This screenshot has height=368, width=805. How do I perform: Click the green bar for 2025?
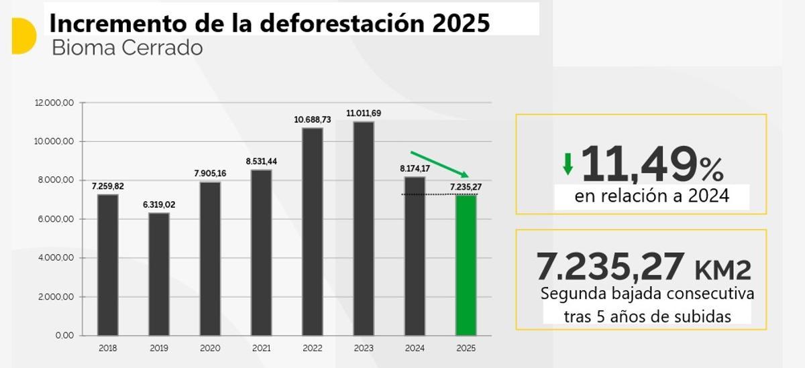[x=466, y=265]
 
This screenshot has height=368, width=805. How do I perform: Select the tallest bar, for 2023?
[x=363, y=228]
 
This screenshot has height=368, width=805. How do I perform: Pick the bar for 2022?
[x=312, y=231]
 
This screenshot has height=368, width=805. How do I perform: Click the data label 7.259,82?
[x=107, y=186]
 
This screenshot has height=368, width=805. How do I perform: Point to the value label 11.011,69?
[x=363, y=113]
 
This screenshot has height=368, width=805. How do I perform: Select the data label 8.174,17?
[x=414, y=168]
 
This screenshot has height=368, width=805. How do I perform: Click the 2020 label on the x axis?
[x=210, y=349]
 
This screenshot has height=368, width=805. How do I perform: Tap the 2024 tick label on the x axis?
[x=414, y=349]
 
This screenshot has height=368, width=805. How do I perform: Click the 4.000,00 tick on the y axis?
[x=56, y=258]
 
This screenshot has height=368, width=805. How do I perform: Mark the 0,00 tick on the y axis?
[x=64, y=335]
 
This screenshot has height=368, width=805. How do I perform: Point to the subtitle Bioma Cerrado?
[x=126, y=48]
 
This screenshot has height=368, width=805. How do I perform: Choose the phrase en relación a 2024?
[x=651, y=197]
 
